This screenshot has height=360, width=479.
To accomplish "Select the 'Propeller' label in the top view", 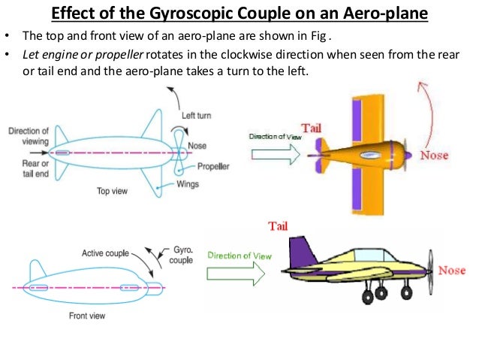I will click(x=214, y=166).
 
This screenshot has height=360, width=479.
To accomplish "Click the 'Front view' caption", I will click(x=87, y=316).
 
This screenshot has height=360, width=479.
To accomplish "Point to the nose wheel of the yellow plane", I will click(x=405, y=290).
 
